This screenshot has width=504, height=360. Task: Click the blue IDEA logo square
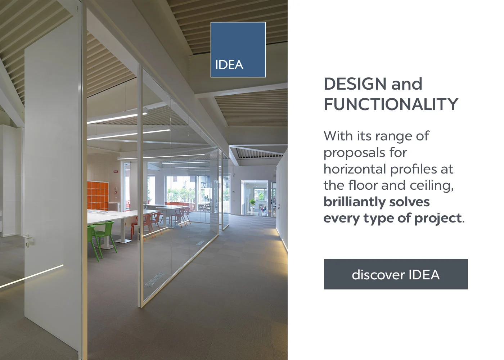tap(238, 50)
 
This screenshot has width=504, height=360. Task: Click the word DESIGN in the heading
tap(355, 84)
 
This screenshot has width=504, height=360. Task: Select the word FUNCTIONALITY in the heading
tap(391, 104)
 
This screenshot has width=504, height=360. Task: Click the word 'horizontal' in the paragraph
tap(355, 169)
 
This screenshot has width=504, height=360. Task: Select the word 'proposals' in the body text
tap(349, 153)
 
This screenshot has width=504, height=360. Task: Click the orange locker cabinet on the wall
tap(98, 195)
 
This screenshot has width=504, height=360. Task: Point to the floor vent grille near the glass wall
tap(154, 280)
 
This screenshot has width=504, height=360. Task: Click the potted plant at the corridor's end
tap(252, 204)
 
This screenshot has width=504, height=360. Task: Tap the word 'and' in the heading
tap(406, 84)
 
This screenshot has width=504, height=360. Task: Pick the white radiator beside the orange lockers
tap(114, 206)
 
